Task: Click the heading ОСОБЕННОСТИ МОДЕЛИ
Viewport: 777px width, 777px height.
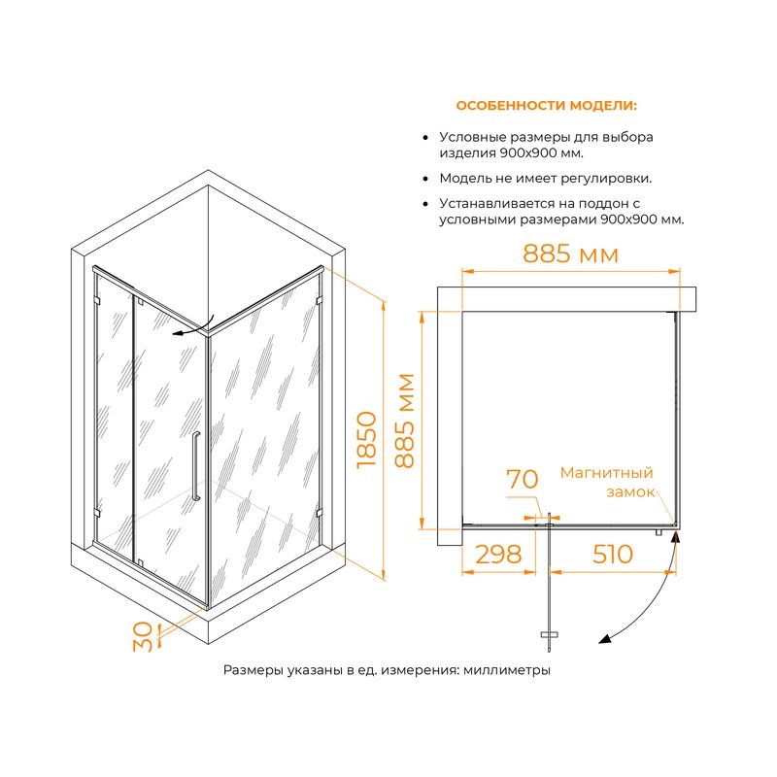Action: pos(547,106)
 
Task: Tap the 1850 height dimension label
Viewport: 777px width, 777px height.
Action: pos(367,439)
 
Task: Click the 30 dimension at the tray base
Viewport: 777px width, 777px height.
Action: pos(143,636)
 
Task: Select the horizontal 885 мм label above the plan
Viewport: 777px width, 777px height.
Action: pos(571,253)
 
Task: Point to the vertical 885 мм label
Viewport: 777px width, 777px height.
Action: pos(405,421)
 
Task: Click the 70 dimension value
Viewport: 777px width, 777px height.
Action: pos(523,479)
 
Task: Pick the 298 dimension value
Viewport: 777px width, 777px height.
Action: pos(498,554)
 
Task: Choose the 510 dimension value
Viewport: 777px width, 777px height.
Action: pos(613,554)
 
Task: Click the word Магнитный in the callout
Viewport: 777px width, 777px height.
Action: pos(606,473)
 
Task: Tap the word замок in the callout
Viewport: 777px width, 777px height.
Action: pos(630,492)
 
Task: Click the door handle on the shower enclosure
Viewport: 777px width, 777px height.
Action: pos(196,466)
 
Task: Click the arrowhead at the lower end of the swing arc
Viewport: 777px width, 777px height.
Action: pos(604,639)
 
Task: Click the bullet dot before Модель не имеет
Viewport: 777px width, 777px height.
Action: pos(425,179)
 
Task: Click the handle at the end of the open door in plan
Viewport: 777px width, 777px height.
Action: pos(549,634)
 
